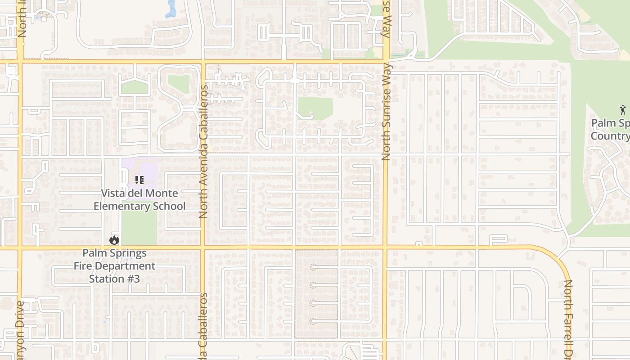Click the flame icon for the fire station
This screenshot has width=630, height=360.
(x=114, y=240)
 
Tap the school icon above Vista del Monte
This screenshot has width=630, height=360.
(x=139, y=180)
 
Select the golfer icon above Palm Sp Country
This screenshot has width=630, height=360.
(x=623, y=109)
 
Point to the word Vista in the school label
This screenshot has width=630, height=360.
(x=113, y=193)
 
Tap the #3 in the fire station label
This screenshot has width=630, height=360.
(x=132, y=279)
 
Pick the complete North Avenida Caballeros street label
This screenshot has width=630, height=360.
(x=203, y=152)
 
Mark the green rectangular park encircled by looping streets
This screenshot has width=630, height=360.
(x=315, y=108)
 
